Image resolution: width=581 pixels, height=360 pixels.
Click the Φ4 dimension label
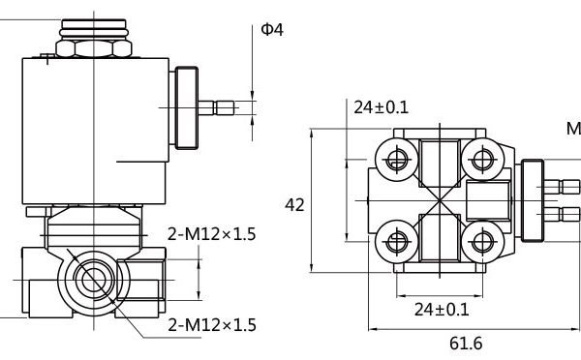(272, 30)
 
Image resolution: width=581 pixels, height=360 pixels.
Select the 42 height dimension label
(294, 205)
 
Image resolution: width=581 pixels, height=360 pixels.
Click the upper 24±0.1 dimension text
(381, 107)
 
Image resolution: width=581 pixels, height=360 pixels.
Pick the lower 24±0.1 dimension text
(442, 310)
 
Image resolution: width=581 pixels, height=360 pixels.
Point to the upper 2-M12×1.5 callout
(211, 234)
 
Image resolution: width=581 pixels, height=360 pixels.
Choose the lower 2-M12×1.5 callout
(212, 325)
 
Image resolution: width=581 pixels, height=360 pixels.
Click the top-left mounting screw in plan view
(397, 160)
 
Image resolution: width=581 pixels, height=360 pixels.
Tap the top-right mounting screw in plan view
(482, 160)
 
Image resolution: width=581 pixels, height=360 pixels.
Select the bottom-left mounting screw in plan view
(397, 242)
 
